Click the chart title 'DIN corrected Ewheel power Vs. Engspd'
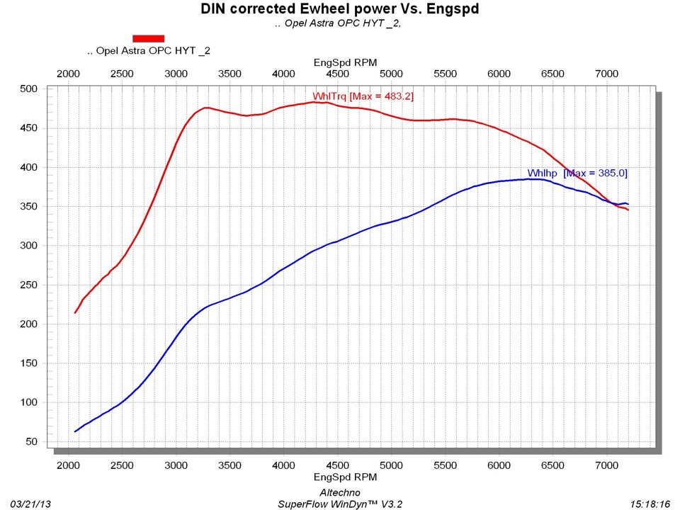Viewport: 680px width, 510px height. click(x=339, y=9)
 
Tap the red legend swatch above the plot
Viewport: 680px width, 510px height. click(x=149, y=38)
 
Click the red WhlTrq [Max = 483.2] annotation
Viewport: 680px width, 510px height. click(x=363, y=96)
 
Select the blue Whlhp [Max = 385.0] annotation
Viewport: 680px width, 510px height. click(x=577, y=174)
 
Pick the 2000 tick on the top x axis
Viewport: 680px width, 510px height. click(x=68, y=74)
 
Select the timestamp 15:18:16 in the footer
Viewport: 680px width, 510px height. click(x=650, y=504)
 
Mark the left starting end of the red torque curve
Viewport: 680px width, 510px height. click(x=75, y=312)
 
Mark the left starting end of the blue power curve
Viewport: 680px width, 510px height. click(x=75, y=431)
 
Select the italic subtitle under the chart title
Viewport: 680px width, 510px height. click(x=339, y=23)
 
